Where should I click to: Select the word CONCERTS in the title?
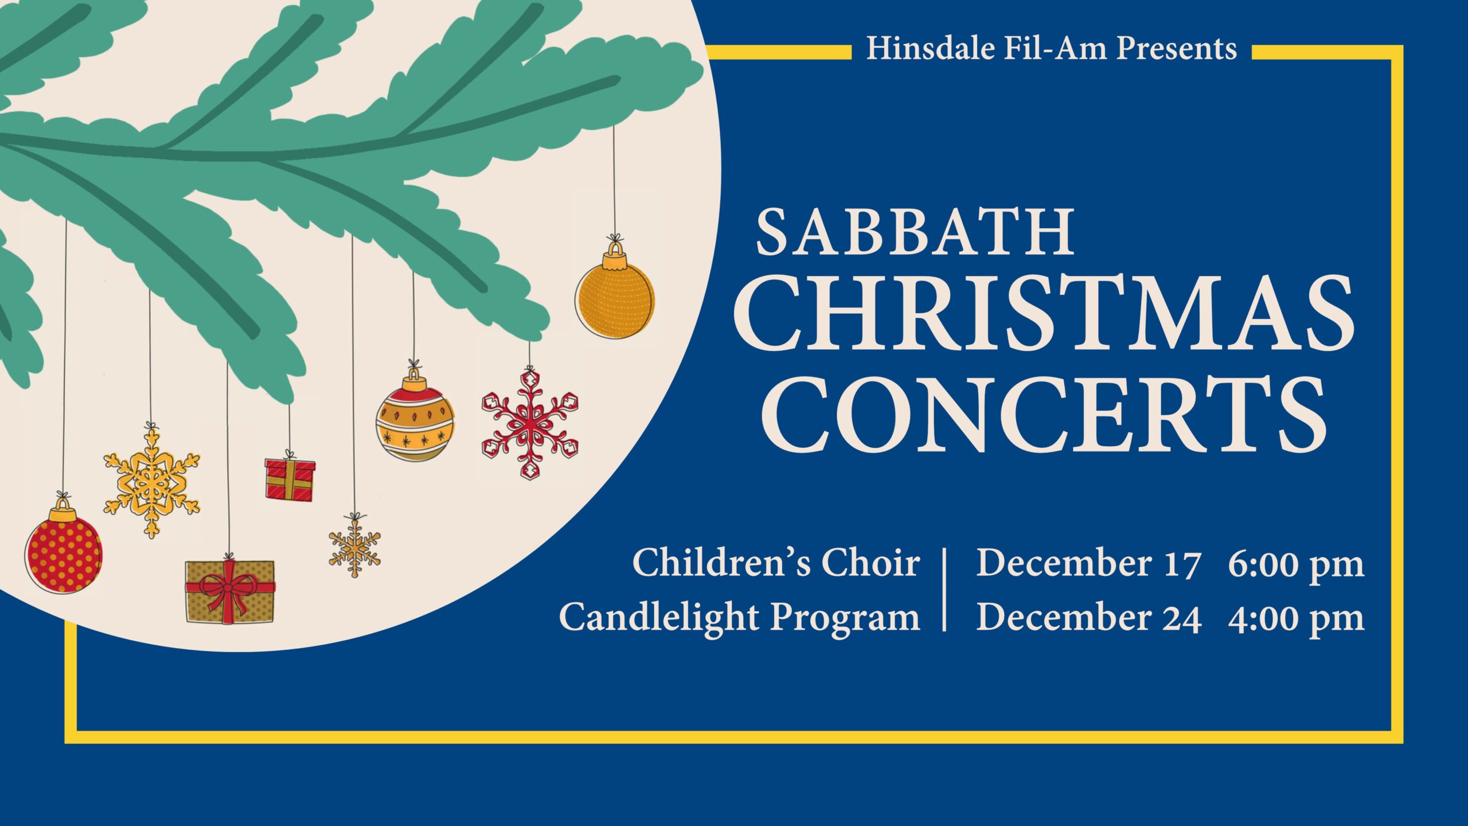pos(1044,415)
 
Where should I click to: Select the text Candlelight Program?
pos(740,618)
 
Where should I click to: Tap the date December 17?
pos(1088,563)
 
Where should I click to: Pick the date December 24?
pos(1089,617)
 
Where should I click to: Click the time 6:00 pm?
pos(1296,564)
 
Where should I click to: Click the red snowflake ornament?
pos(530,424)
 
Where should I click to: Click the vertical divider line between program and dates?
pos(944,590)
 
